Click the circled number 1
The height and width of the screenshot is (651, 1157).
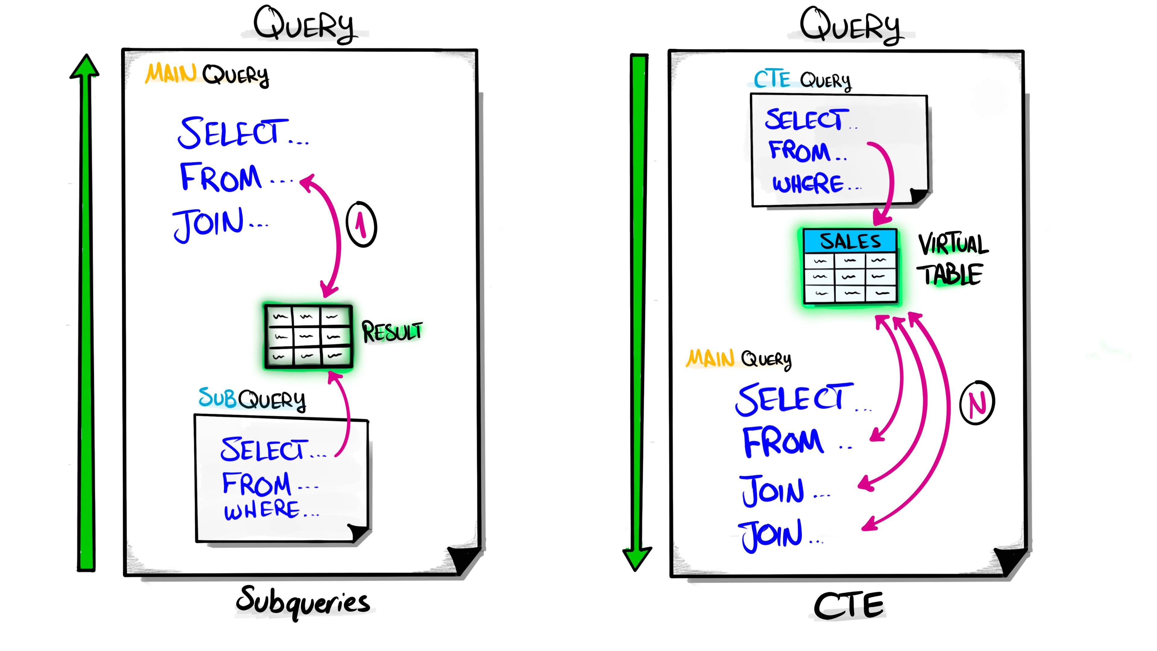coord(361,224)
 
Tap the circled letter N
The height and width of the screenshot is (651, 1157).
coord(977,403)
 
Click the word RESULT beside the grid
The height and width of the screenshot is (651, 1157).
coord(392,332)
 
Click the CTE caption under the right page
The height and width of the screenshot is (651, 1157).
coord(848,605)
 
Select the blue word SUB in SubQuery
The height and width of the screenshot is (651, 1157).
coord(217,397)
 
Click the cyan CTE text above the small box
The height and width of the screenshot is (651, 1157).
coord(772,80)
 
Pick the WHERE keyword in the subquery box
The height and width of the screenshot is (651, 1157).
coord(262,510)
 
